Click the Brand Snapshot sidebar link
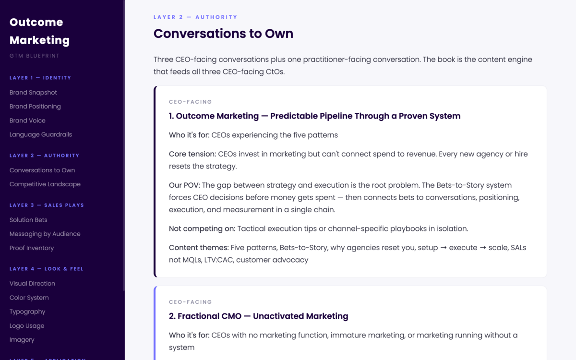click(33, 92)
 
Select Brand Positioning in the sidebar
click(35, 106)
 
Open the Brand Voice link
click(27, 120)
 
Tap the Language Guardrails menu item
click(41, 134)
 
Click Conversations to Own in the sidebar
click(42, 170)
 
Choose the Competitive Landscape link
click(45, 184)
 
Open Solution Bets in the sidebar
click(28, 220)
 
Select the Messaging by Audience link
click(45, 234)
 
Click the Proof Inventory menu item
click(32, 248)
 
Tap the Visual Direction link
click(32, 283)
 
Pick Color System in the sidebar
click(29, 298)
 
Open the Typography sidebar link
click(27, 312)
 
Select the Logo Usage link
click(27, 325)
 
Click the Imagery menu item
click(22, 339)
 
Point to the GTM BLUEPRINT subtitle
click(35, 56)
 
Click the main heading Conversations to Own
click(223, 34)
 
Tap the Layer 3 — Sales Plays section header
click(47, 205)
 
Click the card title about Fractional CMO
click(258, 316)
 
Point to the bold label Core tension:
click(192, 154)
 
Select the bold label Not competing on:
click(202, 228)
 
